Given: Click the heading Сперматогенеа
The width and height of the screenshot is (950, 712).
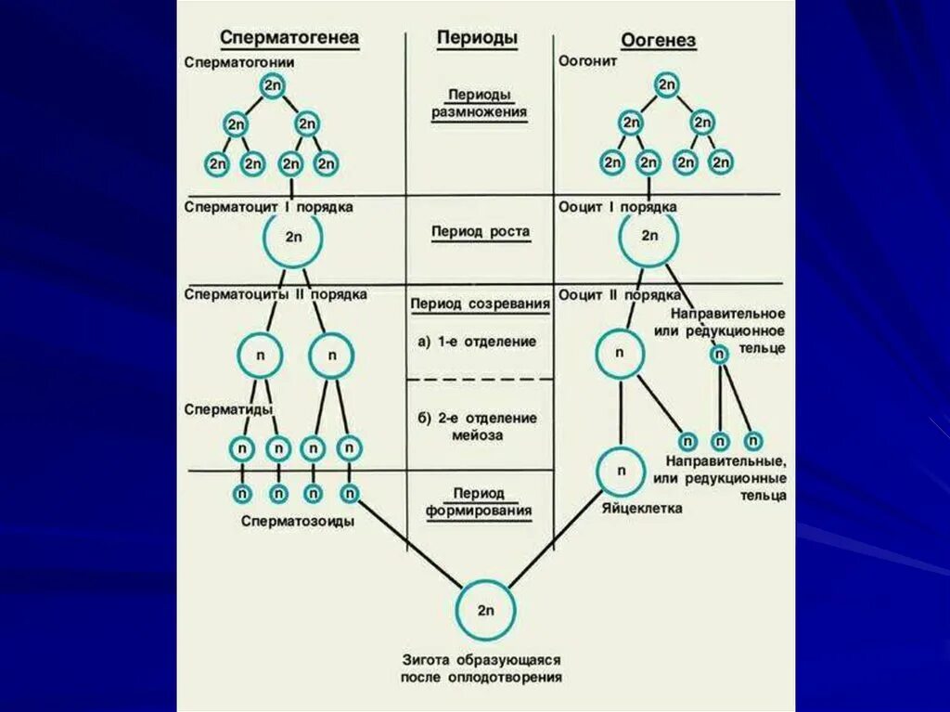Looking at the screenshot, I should click(289, 38).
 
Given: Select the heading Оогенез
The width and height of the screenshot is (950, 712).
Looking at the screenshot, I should click(658, 42).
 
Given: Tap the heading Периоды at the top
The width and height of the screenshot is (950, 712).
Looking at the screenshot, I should click(477, 38).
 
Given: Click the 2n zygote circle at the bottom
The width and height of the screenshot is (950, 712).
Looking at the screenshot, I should click(485, 610).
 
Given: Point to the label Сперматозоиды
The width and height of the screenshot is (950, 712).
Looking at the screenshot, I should click(298, 522).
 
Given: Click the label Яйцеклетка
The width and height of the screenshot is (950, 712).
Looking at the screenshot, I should click(641, 508).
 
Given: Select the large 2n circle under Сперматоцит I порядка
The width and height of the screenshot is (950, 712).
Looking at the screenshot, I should click(294, 238).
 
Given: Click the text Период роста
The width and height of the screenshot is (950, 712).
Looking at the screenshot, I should click(481, 232).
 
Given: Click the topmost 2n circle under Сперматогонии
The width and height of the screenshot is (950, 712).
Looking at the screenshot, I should click(272, 86).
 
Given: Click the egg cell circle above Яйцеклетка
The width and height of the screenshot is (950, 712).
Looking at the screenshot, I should click(621, 471).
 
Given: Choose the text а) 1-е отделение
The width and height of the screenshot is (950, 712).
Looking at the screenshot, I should click(477, 342).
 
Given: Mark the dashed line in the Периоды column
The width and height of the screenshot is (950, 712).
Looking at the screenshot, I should click(480, 380).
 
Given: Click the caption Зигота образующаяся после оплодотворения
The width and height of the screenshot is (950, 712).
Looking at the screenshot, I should click(481, 668).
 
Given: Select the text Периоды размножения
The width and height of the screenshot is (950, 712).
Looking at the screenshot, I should click(479, 104).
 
